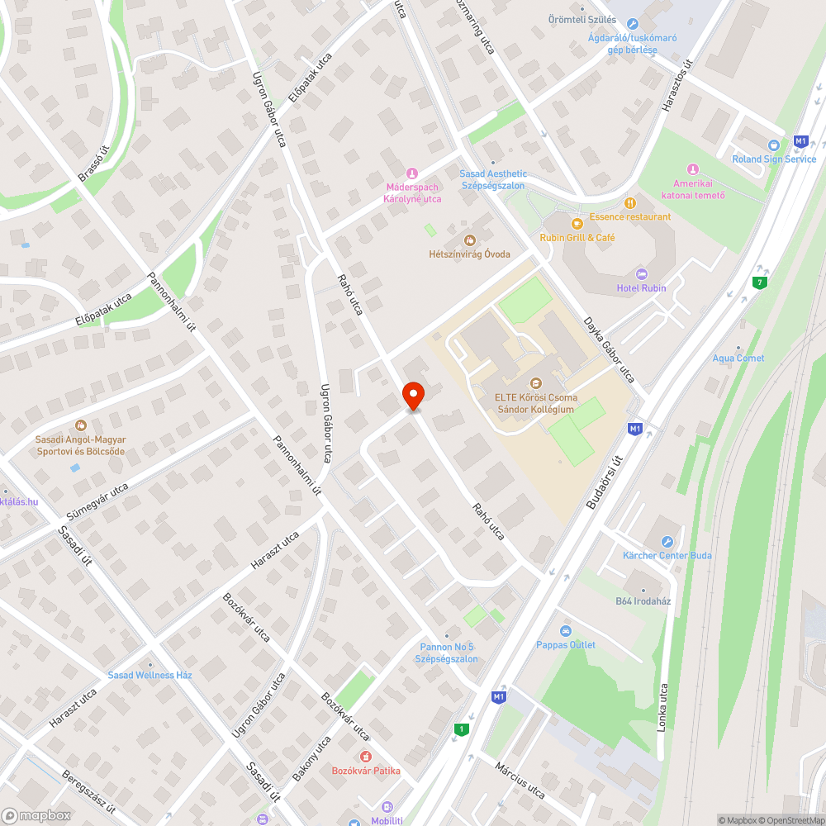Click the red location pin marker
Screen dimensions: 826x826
click(413, 396)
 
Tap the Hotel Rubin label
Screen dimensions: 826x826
click(641, 288)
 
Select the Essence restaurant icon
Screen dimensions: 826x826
click(630, 202)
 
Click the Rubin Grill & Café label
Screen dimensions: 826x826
click(577, 238)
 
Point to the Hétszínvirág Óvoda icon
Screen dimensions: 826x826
click(469, 240)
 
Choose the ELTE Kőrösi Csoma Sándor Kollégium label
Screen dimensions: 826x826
click(535, 403)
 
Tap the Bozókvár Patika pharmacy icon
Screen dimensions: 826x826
click(365, 757)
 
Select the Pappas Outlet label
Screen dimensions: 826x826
click(566, 645)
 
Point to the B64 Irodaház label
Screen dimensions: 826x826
click(643, 601)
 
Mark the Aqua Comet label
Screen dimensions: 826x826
click(738, 358)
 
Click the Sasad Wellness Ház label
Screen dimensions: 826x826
click(150, 675)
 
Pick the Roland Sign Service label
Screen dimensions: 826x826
click(774, 159)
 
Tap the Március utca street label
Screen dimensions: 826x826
click(520, 781)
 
